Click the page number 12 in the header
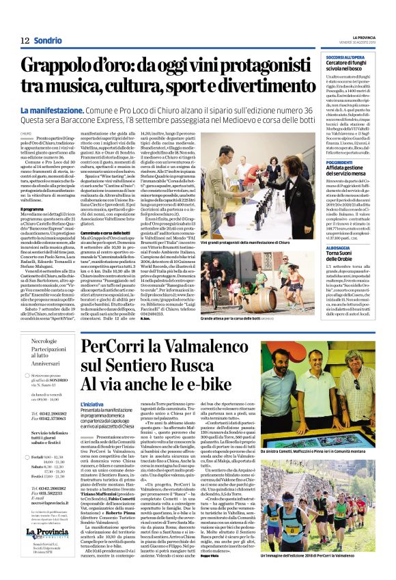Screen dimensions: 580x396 (25, 40)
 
